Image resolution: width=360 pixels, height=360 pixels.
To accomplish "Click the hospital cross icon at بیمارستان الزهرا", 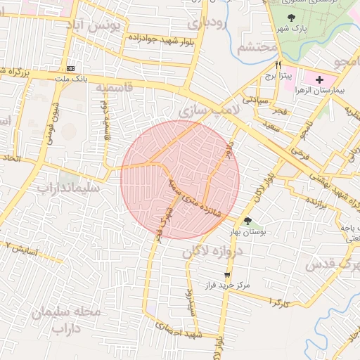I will (x=321, y=79).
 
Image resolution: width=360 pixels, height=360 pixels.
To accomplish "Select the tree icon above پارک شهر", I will (x=292, y=18).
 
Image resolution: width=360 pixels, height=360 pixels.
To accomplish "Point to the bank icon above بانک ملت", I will (x=70, y=68).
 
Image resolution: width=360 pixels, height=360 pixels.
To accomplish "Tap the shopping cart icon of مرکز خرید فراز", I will (x=226, y=275).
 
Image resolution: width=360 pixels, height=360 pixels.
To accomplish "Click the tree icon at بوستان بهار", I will (x=247, y=222).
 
